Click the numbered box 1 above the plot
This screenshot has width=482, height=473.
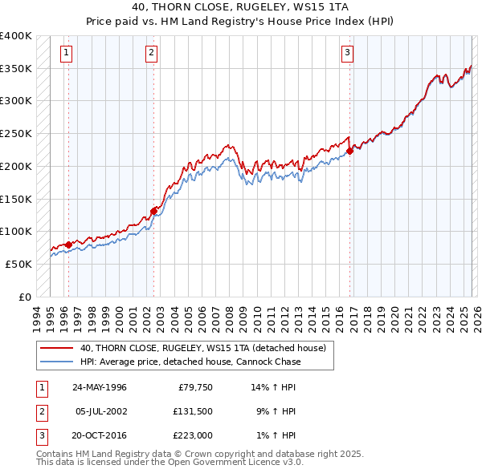click(x=65, y=54)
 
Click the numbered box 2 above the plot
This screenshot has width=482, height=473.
click(x=151, y=54)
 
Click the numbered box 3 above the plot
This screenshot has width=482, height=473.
click(x=347, y=54)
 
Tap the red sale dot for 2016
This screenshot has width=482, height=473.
click(x=350, y=150)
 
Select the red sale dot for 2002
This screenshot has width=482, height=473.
click(x=153, y=211)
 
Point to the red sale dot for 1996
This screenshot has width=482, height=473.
click(x=68, y=245)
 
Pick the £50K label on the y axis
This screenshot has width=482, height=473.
click(x=19, y=264)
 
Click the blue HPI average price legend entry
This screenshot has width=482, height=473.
click(x=190, y=362)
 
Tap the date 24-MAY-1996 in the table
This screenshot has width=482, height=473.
click(x=100, y=386)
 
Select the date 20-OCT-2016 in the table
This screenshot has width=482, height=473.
click(x=100, y=435)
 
